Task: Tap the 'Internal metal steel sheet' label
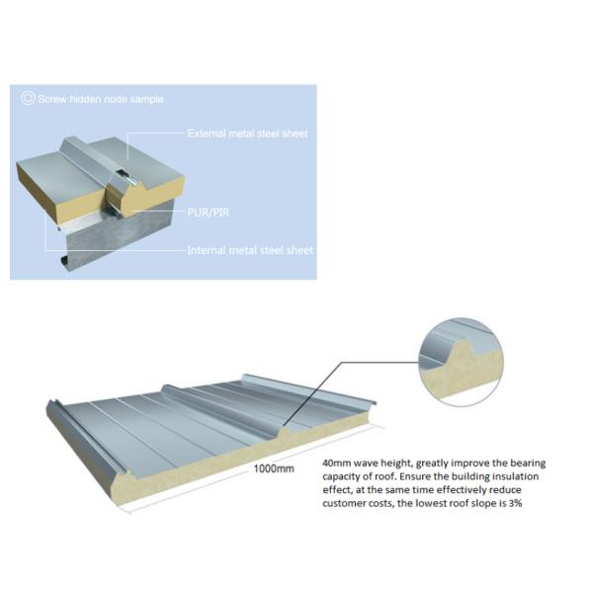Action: (250, 250)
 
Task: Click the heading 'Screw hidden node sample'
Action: (101, 99)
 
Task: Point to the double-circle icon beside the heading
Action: (27, 99)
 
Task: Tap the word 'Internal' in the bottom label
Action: (207, 250)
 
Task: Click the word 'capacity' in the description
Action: (344, 476)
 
